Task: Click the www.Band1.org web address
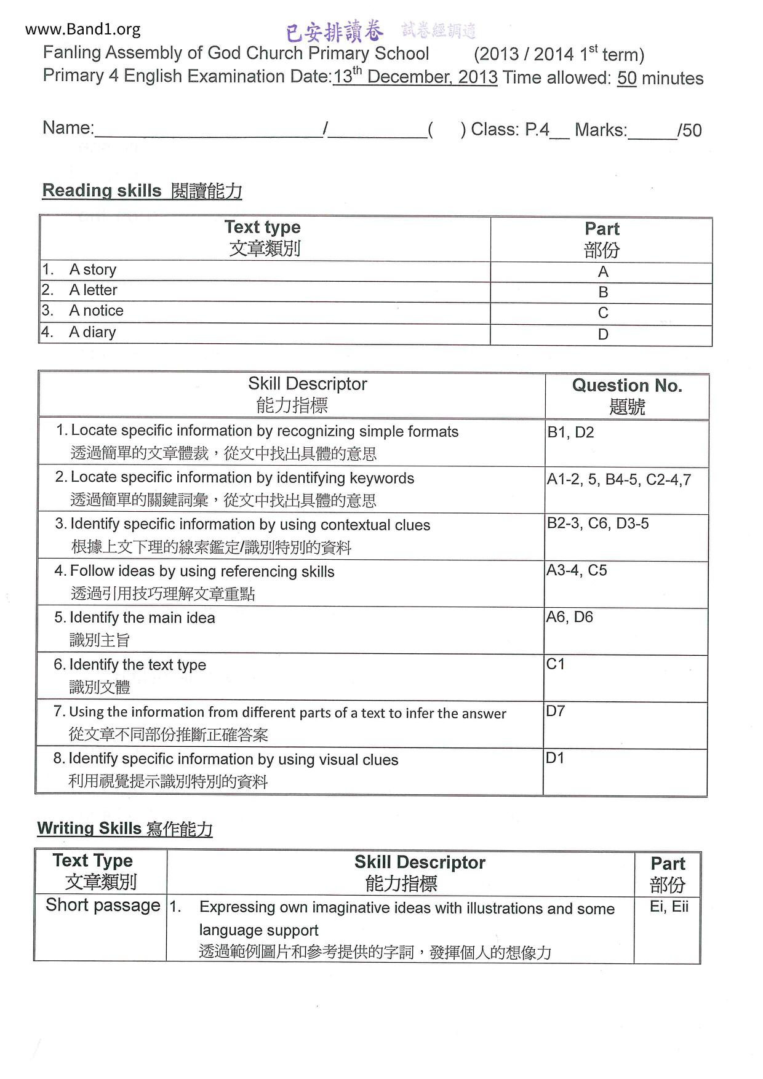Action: point(83,29)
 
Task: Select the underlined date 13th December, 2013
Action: point(415,77)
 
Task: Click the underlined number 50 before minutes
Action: point(626,78)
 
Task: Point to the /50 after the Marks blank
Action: point(689,130)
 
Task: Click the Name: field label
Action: point(68,128)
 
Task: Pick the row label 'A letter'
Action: point(93,290)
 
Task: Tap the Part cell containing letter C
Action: point(602,313)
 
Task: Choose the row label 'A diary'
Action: point(92,332)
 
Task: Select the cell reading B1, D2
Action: point(570,432)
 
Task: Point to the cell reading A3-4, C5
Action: point(577,570)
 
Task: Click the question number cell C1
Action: point(555,664)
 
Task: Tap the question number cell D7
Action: point(555,711)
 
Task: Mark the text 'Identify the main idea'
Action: point(142,618)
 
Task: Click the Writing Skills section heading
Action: point(125,829)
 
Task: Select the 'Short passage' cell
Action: point(102,906)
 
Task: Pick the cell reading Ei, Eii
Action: point(669,907)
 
